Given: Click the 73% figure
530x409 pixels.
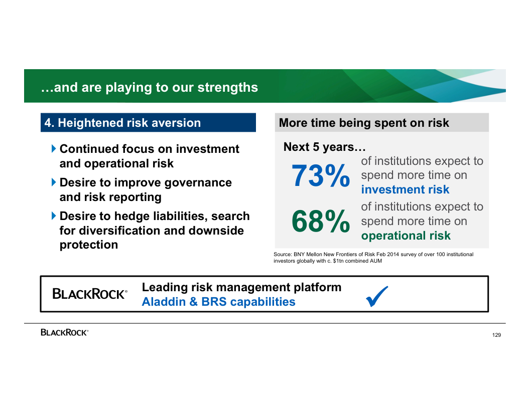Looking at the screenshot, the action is click(x=320, y=175).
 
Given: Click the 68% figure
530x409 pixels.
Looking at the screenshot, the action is click(x=320, y=222).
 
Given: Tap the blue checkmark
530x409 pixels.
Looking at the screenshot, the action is click(x=377, y=296).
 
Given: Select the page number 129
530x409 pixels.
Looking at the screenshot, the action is click(x=496, y=335).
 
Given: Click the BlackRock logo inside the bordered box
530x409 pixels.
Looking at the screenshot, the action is click(x=90, y=294).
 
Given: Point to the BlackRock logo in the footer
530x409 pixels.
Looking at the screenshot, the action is click(x=65, y=332).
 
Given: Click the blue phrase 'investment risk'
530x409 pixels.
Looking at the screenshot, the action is click(x=405, y=189).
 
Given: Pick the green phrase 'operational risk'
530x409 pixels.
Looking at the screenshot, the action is click(x=406, y=236).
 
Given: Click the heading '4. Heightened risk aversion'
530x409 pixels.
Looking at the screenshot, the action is click(x=122, y=123).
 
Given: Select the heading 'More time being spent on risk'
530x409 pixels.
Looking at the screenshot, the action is click(x=364, y=123).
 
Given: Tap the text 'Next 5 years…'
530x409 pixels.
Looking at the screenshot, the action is click(x=325, y=147).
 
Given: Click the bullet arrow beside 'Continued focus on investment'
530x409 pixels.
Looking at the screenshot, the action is click(x=54, y=148).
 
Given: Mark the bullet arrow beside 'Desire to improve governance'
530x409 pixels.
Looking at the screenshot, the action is click(x=54, y=182).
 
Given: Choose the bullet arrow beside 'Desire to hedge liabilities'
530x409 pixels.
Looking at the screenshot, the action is click(x=54, y=216).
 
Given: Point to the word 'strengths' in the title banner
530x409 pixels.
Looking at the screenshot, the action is click(x=227, y=87).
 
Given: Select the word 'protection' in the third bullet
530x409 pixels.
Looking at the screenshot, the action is click(x=88, y=245).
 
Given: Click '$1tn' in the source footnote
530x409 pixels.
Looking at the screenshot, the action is click(x=338, y=261).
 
